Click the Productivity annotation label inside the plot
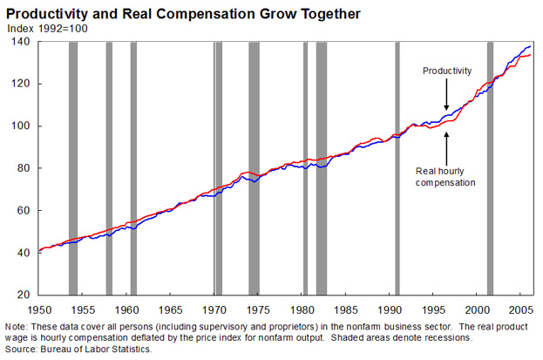coord(446,70)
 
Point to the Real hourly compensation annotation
coord(445,177)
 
